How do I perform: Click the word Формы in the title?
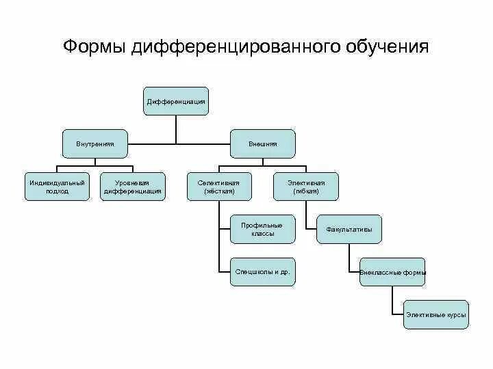pyautogui.click(x=94, y=46)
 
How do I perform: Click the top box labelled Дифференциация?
pyautogui.click(x=176, y=101)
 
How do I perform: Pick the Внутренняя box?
pyautogui.click(x=95, y=144)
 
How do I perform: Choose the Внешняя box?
pyautogui.click(x=263, y=144)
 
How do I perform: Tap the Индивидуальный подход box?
pyautogui.click(x=57, y=187)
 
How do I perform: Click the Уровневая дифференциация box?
pyautogui.click(x=133, y=187)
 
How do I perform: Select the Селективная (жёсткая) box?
pyautogui.click(x=219, y=187)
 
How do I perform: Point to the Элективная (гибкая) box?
pyautogui.click(x=306, y=187)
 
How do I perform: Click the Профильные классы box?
pyautogui.click(x=262, y=229)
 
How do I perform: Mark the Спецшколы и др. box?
pyautogui.click(x=262, y=271)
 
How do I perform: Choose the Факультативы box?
pyautogui.click(x=349, y=230)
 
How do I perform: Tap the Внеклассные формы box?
pyautogui.click(x=392, y=272)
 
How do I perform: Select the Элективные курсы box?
pyautogui.click(x=436, y=314)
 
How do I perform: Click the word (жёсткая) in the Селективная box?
pyautogui.click(x=219, y=191)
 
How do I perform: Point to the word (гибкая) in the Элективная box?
pyautogui.click(x=306, y=191)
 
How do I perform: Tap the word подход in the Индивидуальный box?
pyautogui.click(x=57, y=191)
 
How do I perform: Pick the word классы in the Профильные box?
pyautogui.click(x=262, y=234)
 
